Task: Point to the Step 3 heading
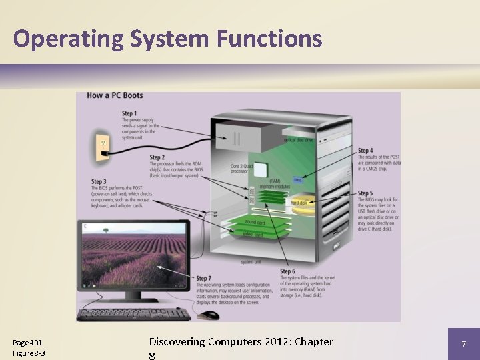pyautogui.click(x=99, y=181)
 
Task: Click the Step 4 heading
pyautogui.click(x=365, y=151)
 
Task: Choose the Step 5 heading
pyautogui.click(x=365, y=193)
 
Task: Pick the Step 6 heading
pyautogui.click(x=288, y=271)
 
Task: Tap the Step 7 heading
pyautogui.click(x=204, y=278)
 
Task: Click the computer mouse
pyautogui.click(x=209, y=315)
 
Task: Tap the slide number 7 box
pyautogui.click(x=463, y=343)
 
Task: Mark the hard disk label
pyautogui.click(x=299, y=202)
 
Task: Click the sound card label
pyautogui.click(x=255, y=221)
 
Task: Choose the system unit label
pyautogui.click(x=251, y=261)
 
